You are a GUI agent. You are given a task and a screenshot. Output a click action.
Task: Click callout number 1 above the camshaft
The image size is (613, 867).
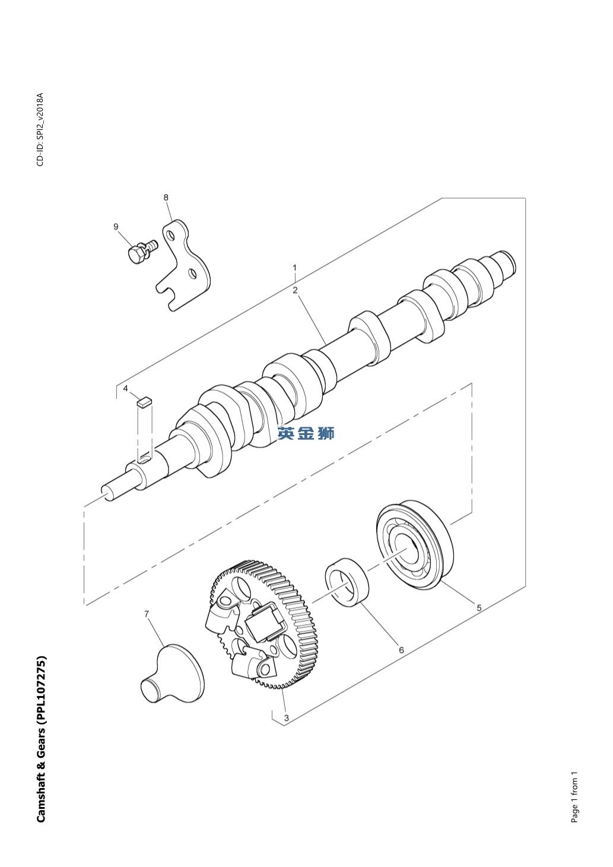point(295,268)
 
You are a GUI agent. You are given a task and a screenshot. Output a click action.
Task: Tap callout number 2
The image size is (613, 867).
point(295,290)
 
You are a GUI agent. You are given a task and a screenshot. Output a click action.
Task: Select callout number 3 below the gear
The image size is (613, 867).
point(287,717)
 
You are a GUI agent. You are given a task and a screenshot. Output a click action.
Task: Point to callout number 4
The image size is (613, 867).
point(125,388)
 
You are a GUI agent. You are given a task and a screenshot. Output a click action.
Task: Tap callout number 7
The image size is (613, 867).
point(147,614)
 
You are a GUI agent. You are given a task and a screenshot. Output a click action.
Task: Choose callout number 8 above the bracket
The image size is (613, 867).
point(166,198)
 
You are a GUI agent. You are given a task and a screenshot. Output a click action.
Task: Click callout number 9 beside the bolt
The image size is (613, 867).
point(116,227)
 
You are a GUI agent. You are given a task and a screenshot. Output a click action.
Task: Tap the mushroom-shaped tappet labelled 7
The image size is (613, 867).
point(172,674)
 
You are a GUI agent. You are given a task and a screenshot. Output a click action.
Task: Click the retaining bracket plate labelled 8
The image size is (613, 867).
point(183,265)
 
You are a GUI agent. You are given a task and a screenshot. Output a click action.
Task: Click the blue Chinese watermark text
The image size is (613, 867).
point(306,433)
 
